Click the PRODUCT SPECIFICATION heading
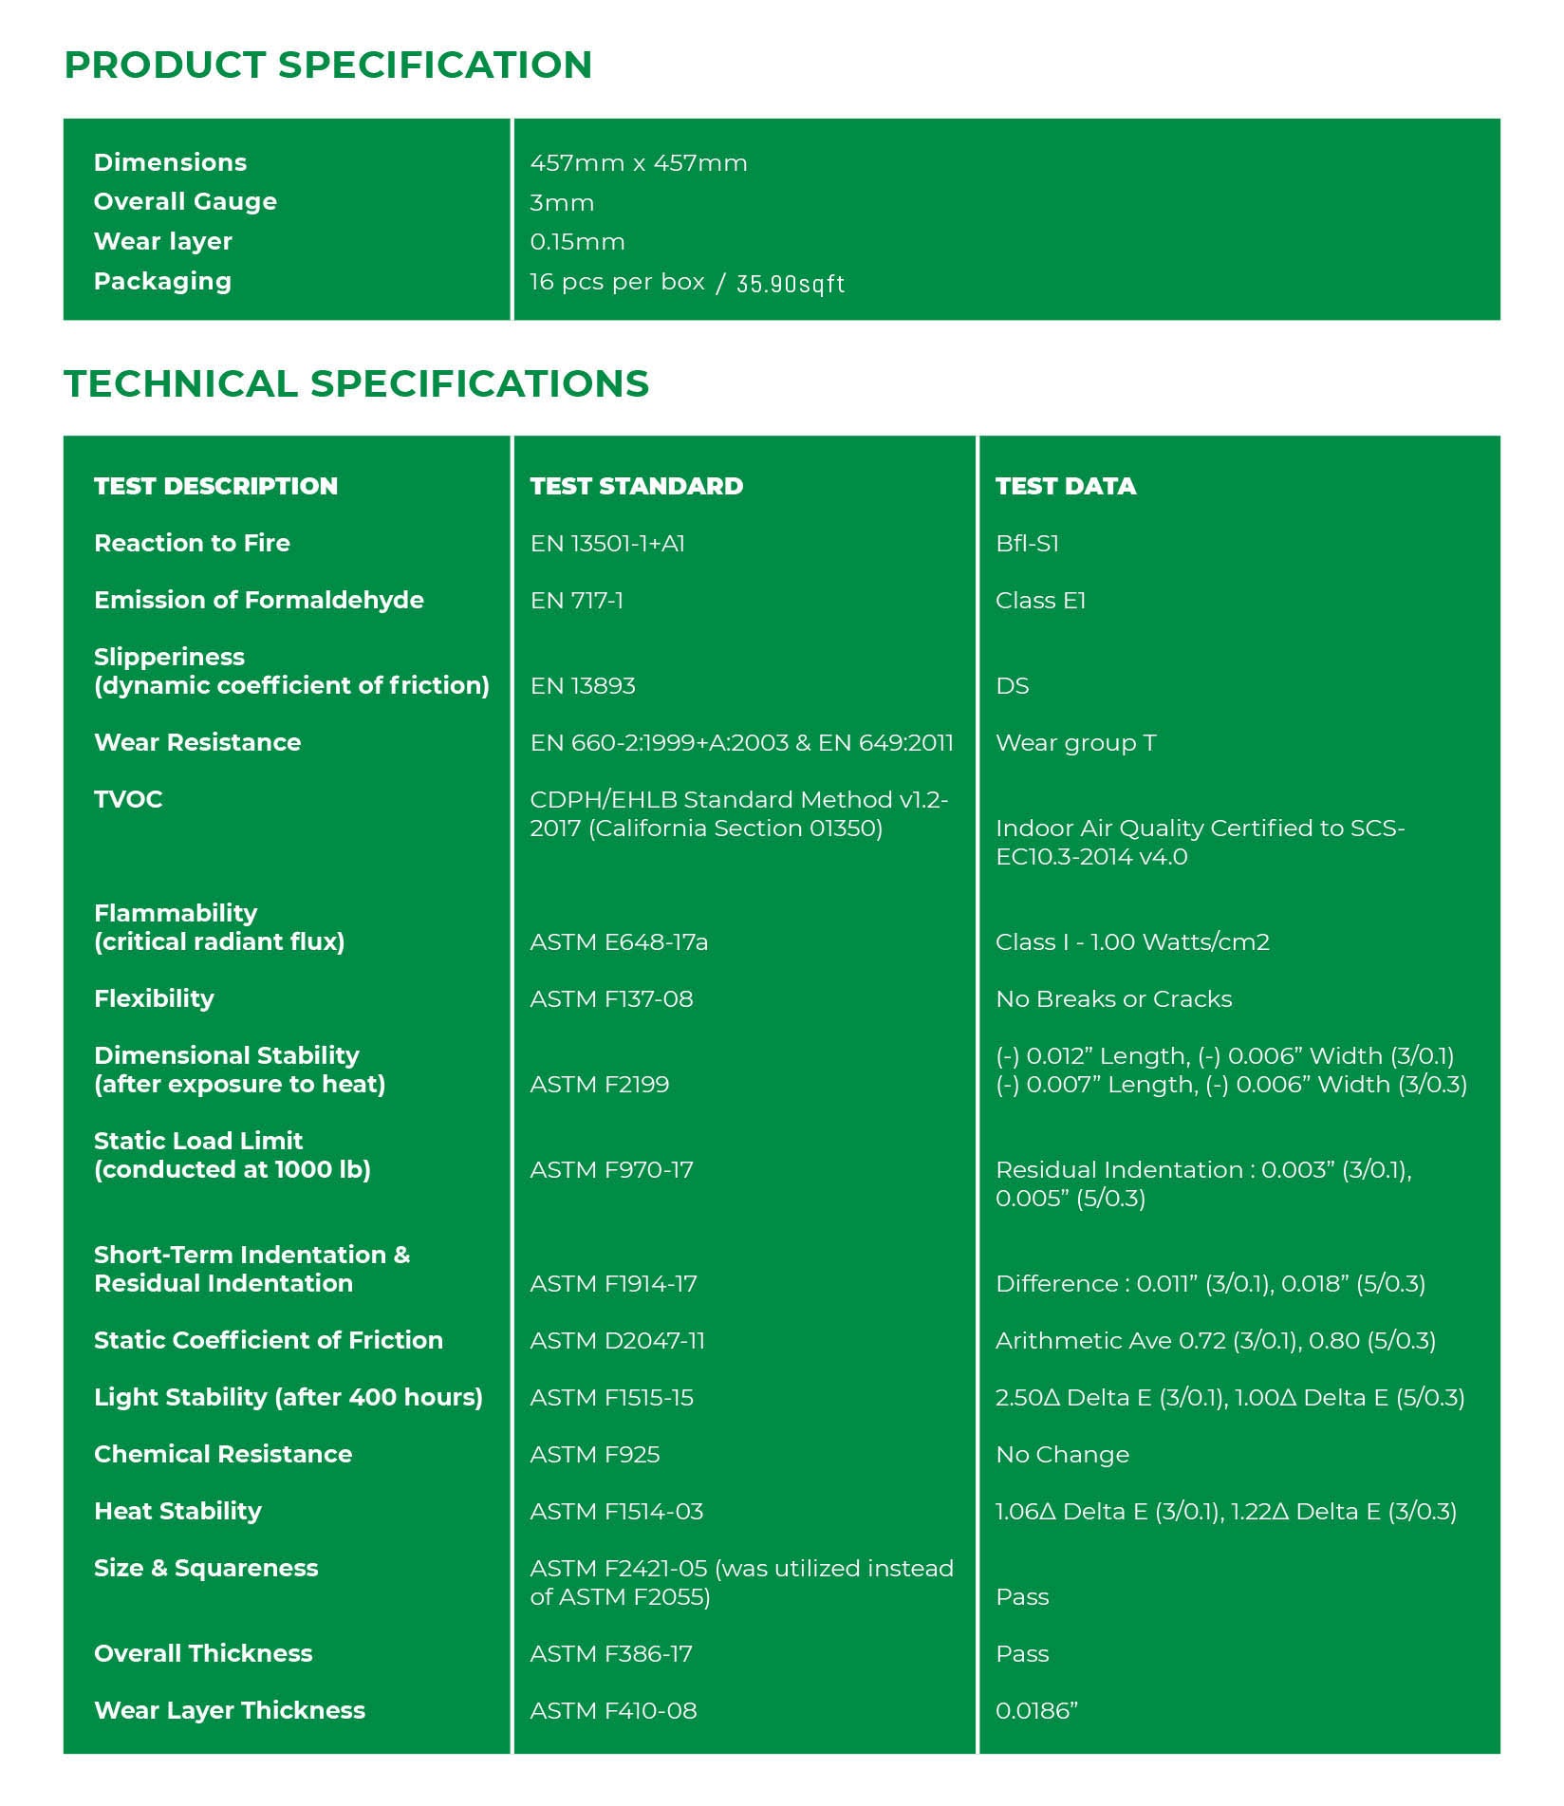coord(327,65)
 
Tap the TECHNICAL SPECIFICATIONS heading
coord(356,384)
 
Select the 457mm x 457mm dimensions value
coord(638,163)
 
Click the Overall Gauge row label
coord(185,202)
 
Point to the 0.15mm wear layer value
coord(577,242)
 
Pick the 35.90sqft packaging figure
coord(790,284)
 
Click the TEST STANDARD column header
coord(636,486)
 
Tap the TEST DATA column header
coord(1065,486)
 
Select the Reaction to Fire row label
coord(192,543)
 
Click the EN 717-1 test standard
coord(576,601)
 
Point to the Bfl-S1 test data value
coord(1027,544)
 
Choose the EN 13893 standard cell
coord(582,686)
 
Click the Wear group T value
coord(1075,743)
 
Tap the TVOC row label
coord(128,799)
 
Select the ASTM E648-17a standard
coord(618,942)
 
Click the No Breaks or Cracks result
coord(1113,999)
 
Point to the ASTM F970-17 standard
coord(611,1170)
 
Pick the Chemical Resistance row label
coord(223,1455)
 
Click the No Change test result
coord(1062,1455)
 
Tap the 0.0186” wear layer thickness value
coord(1036,1711)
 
